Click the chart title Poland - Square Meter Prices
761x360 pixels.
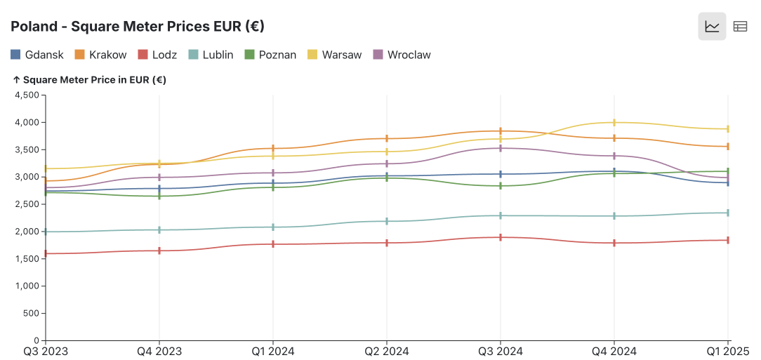tap(137, 27)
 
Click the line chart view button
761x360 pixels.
tap(712, 27)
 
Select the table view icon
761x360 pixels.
tap(740, 27)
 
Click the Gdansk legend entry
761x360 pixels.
tap(37, 55)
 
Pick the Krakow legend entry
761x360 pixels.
tap(100, 55)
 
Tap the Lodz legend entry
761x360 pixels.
tap(157, 55)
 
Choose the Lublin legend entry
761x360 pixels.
tap(211, 55)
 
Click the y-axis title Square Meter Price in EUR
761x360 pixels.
tap(89, 80)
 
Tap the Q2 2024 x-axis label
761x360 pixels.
tap(386, 351)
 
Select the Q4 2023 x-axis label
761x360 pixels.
tap(159, 351)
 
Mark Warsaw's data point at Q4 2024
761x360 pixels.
tap(614, 123)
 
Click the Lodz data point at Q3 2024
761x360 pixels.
tap(501, 237)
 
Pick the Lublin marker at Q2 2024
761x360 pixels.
tap(387, 221)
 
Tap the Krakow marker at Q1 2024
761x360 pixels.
tap(273, 148)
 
